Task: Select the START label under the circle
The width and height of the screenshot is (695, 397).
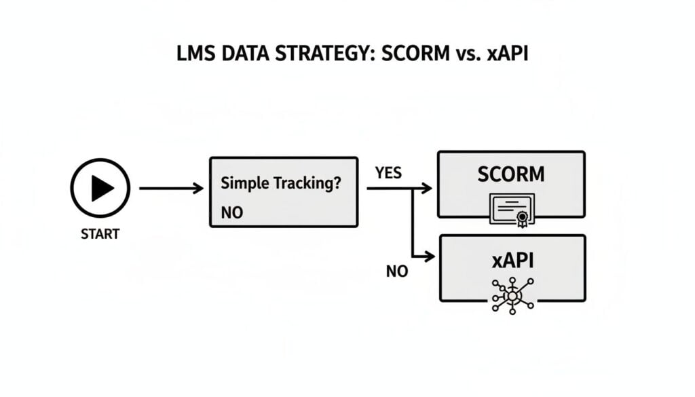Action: point(100,234)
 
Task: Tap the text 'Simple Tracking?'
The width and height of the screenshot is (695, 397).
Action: point(280,183)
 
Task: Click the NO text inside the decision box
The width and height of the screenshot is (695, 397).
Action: point(232,212)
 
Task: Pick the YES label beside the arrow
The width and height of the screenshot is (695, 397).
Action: point(388,173)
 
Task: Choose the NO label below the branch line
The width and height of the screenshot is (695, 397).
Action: point(397,271)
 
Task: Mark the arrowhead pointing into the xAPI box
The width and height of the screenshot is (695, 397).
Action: point(428,256)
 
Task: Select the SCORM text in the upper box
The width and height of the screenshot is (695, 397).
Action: point(510,174)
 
